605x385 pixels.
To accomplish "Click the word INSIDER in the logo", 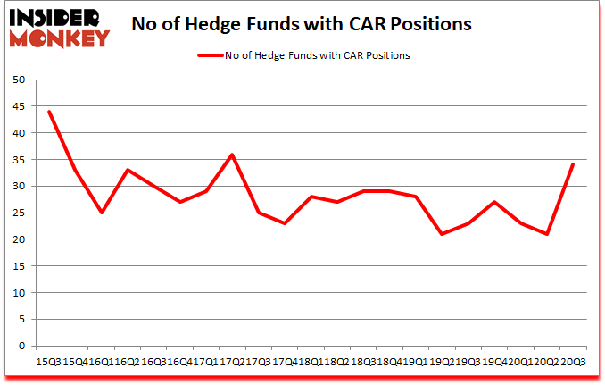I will coord(55,17).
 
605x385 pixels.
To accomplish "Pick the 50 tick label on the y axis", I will coord(18,80).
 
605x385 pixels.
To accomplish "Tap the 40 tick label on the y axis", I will coord(18,133).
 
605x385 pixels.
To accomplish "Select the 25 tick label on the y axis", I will coord(18,213).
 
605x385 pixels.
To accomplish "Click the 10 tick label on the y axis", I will coord(18,293).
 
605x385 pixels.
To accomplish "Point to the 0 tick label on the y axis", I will coord(21,347).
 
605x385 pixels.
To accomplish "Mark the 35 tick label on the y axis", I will coord(18,160).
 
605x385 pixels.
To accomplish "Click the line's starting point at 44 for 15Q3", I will coord(49,112).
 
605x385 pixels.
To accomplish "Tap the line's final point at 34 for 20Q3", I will coord(572,164).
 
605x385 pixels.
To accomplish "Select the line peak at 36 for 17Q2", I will coord(232,155).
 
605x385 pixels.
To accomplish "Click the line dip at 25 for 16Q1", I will coord(102,213).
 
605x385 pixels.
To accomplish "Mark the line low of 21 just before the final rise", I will coord(546,234).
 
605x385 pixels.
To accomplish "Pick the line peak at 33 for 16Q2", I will coord(128,170).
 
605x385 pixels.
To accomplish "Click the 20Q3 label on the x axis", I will coord(572,362).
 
